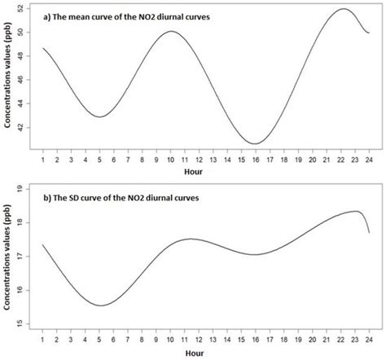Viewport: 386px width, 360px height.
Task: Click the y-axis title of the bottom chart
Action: pos(9,257)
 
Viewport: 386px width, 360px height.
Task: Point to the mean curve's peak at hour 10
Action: pos(171,32)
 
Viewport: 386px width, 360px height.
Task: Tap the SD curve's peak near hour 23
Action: pos(357,211)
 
